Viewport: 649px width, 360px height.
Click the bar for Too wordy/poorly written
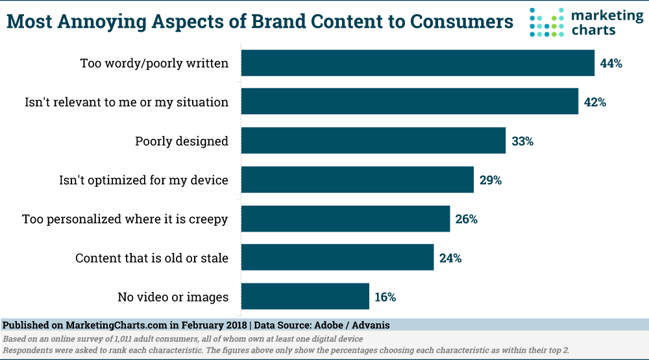click(418, 63)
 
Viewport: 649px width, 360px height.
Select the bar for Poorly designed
click(373, 141)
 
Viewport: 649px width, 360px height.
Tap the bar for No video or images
click(305, 296)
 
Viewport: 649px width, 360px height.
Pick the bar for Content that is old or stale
click(337, 258)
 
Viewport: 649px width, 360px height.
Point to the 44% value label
click(611, 64)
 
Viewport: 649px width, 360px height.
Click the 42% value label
click(595, 102)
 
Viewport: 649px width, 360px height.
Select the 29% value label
click(491, 180)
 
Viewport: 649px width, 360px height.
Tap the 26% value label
click(467, 219)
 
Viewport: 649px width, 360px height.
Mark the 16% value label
click(385, 297)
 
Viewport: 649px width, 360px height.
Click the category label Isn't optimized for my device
click(143, 180)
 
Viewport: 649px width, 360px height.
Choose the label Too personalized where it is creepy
click(125, 219)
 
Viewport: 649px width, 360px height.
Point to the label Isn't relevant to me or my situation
click(127, 102)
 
